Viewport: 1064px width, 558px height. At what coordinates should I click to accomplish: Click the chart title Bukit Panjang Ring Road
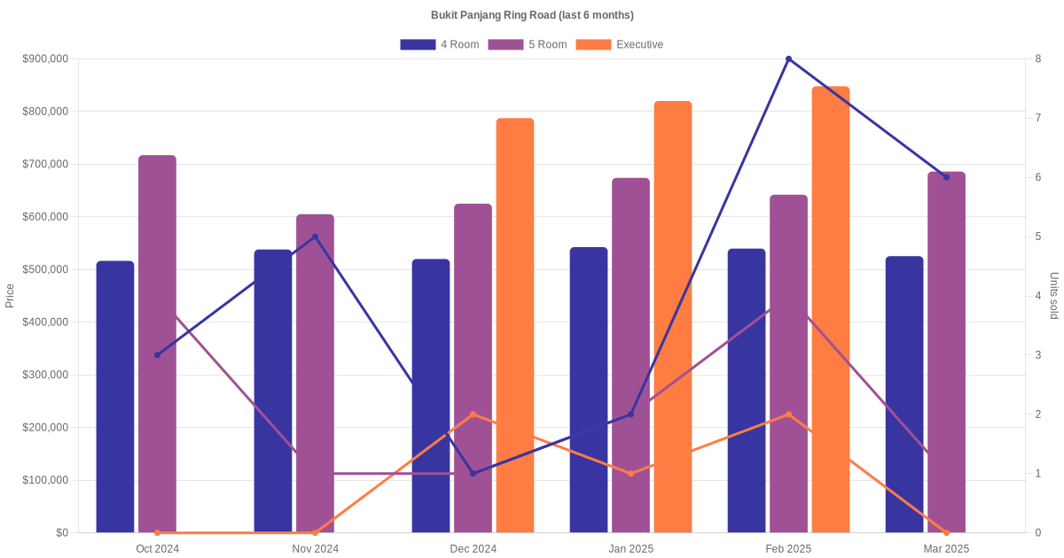point(532,15)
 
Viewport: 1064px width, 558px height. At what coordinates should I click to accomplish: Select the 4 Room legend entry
point(440,44)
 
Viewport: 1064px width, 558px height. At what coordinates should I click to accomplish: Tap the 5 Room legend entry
point(527,44)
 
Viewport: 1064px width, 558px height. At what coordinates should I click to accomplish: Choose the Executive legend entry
point(620,44)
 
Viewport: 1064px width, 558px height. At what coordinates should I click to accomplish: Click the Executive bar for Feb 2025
point(831,309)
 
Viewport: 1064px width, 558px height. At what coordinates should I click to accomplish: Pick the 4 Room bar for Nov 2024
point(273,391)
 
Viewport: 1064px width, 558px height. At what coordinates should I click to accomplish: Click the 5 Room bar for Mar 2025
point(946,354)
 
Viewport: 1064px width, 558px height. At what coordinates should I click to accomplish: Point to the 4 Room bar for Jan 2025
point(589,390)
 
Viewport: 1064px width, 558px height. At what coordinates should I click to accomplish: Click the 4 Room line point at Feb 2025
point(788,59)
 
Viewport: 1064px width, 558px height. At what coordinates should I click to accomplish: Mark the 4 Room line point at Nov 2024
point(315,236)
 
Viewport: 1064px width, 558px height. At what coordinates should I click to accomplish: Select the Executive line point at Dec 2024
point(473,415)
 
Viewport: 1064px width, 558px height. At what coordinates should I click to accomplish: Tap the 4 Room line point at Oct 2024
point(157,355)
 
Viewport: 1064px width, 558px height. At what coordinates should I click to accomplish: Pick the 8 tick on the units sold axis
point(1037,59)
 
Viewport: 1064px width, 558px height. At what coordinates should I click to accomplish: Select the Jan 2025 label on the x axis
point(630,549)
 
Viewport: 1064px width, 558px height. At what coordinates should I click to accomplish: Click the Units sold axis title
point(1053,296)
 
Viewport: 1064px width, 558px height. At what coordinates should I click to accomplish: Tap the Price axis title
point(10,296)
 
